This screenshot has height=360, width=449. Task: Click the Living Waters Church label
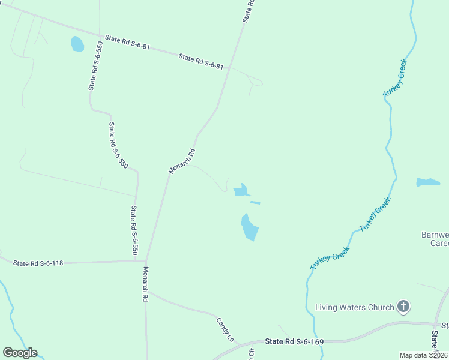[x=355, y=308]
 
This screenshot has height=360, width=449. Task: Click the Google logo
[x=20, y=353]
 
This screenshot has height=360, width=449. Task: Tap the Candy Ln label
[x=225, y=329]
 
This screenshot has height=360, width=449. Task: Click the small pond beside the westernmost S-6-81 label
[x=77, y=44]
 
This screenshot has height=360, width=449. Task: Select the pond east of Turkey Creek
[x=428, y=182]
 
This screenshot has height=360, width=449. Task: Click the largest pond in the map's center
[x=250, y=227]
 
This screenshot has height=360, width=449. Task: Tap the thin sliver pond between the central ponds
[x=255, y=203]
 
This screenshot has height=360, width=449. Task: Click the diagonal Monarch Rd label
[x=182, y=161]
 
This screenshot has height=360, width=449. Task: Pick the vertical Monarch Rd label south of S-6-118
[x=145, y=284]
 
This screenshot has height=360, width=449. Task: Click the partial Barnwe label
[x=435, y=235]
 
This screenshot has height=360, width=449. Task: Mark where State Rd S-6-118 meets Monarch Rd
[x=146, y=261]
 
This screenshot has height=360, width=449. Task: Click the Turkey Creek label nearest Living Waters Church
[x=330, y=260]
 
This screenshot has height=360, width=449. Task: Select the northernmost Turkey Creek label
[x=395, y=78]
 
